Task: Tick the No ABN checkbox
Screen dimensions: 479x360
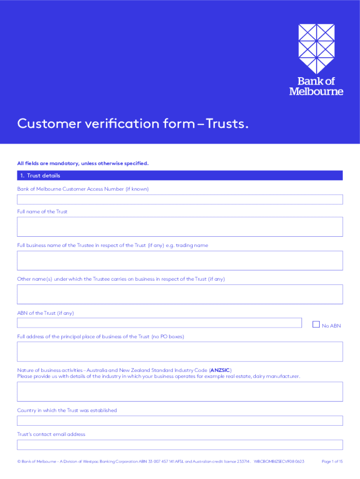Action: pyautogui.click(x=316, y=324)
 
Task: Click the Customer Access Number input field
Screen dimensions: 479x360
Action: pyautogui.click(x=180, y=200)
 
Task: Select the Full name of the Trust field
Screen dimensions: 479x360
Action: pyautogui.click(x=180, y=227)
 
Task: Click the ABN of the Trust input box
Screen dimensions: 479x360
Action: pyautogui.click(x=159, y=323)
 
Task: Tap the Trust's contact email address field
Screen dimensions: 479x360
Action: pyautogui.click(x=180, y=445)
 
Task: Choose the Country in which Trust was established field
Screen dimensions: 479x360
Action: pyautogui.click(x=180, y=421)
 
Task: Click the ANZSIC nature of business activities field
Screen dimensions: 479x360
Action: pyautogui.click(x=180, y=392)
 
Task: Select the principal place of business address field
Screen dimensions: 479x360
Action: pyautogui.click(x=180, y=352)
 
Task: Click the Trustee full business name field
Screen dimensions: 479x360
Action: pyautogui.click(x=180, y=261)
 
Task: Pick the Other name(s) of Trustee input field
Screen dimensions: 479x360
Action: pyautogui.click(x=180, y=294)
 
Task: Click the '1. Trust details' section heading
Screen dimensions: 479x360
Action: pyautogui.click(x=40, y=176)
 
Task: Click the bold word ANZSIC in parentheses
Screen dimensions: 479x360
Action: pyautogui.click(x=220, y=370)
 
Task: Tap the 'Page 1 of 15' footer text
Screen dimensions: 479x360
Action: pyautogui.click(x=332, y=462)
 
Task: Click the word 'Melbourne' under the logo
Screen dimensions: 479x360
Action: pyautogui.click(x=316, y=92)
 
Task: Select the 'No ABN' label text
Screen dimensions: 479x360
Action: pyautogui.click(x=331, y=326)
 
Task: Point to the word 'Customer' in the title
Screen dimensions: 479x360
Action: pyautogui.click(x=48, y=124)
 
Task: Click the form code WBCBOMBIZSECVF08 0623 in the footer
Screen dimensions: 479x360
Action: pyautogui.click(x=279, y=462)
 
